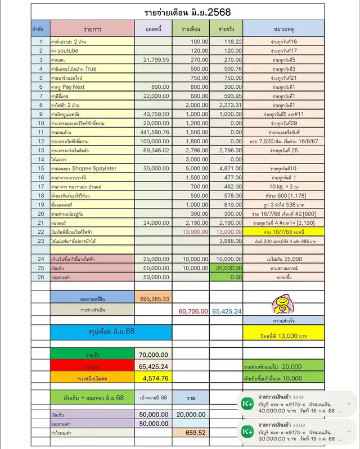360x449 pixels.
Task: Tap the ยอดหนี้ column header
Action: click(x=153, y=28)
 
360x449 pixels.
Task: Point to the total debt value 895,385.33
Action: click(x=153, y=298)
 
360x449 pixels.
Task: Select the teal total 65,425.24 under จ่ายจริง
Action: click(x=227, y=311)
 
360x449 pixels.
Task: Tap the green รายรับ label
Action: click(x=92, y=355)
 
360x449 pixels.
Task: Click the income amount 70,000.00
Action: click(x=153, y=355)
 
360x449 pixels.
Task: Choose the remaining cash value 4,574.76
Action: click(x=153, y=378)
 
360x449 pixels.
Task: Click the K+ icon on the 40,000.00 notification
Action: click(x=246, y=404)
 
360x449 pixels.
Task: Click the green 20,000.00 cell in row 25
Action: click(x=227, y=269)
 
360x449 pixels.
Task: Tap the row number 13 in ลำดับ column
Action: click(x=40, y=151)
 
